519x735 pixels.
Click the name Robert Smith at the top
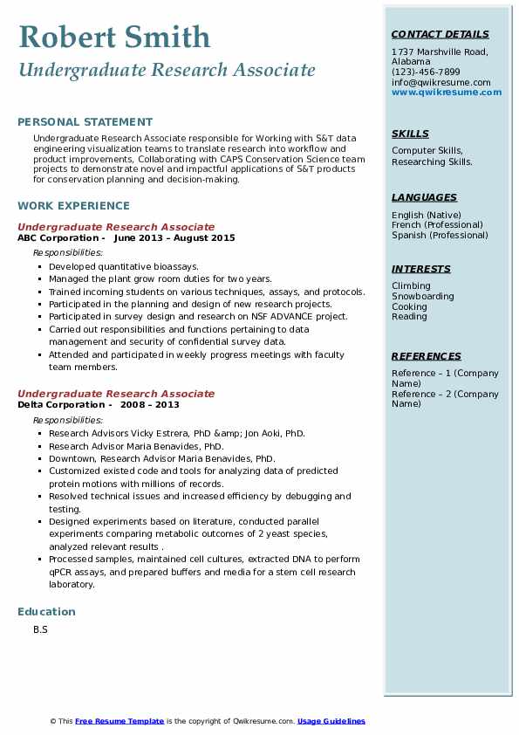tap(113, 37)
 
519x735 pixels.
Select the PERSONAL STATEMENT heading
tap(85, 122)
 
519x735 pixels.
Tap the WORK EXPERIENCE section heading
tap(73, 206)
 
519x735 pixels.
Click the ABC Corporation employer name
tap(57, 237)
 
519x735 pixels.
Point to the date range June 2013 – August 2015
tap(174, 237)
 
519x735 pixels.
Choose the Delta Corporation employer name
tap(59, 404)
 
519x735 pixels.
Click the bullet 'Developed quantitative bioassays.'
tap(124, 266)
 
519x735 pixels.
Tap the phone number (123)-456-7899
tap(426, 72)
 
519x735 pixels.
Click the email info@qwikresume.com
tap(440, 83)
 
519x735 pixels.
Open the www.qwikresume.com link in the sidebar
tap(447, 93)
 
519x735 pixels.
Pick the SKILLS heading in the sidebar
tap(410, 134)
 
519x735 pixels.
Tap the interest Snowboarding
tap(422, 297)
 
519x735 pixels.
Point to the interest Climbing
tap(411, 286)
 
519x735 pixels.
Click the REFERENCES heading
tap(427, 357)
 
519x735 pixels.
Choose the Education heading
tap(46, 612)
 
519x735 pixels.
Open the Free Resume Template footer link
tap(120, 721)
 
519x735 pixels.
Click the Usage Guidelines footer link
tap(331, 721)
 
